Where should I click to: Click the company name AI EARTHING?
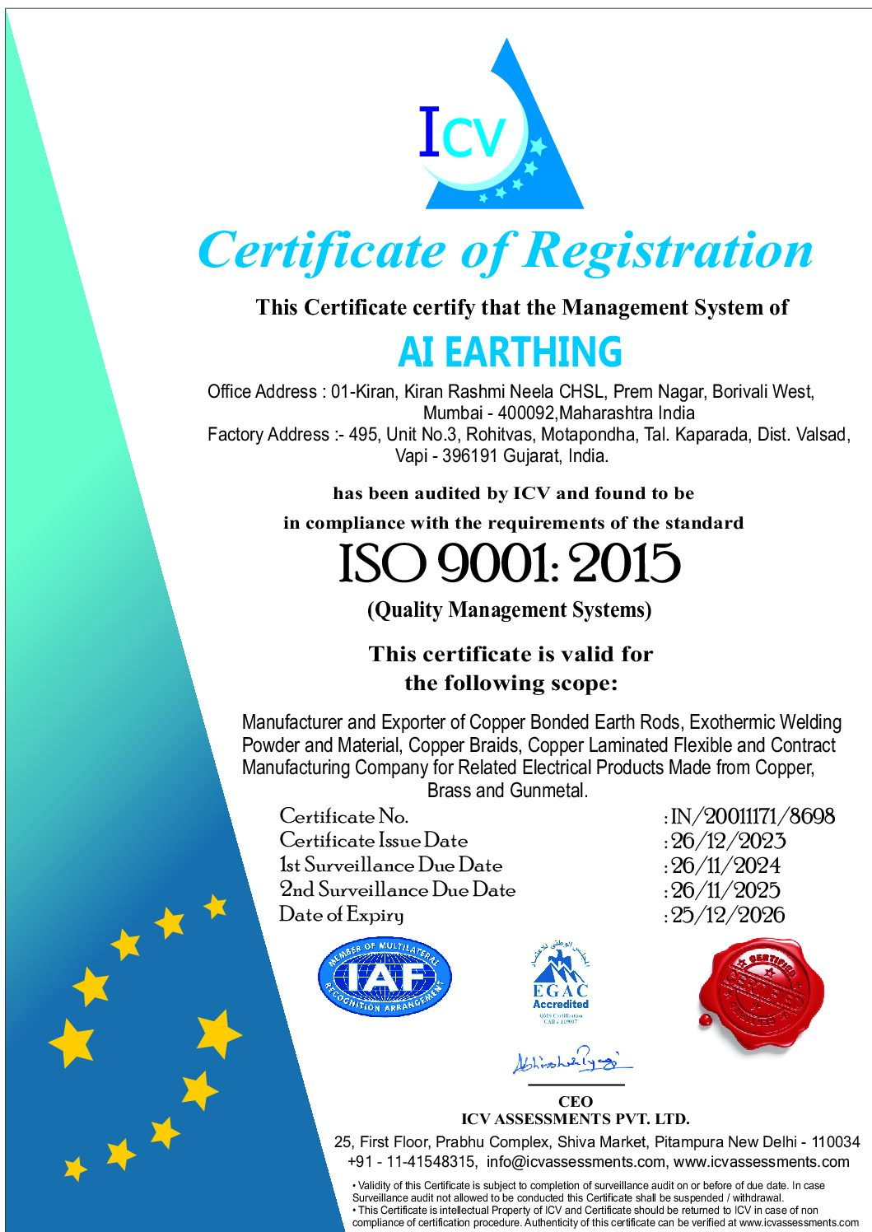pos(510,352)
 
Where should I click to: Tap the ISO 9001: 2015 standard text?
pos(510,564)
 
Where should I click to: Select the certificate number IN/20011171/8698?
pos(753,816)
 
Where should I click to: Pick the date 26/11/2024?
pos(726,866)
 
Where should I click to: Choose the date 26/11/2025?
pos(726,890)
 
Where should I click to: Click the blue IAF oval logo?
pos(385,978)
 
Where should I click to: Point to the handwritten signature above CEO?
pos(570,1062)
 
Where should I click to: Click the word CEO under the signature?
pos(575,1102)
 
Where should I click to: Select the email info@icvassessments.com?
pos(576,1162)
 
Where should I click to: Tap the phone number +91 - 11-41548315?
pos(412,1162)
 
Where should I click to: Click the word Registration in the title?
pos(669,250)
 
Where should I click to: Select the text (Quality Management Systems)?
pos(509,610)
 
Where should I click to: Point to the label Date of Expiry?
pos(342,915)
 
